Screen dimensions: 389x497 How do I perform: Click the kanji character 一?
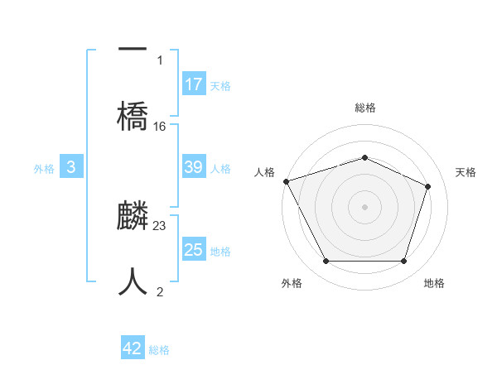(x=133, y=48)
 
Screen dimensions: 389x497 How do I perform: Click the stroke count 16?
(x=160, y=127)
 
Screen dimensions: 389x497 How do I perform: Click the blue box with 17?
(x=194, y=84)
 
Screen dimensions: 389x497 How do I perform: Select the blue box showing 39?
(x=194, y=167)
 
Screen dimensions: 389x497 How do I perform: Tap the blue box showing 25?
(x=194, y=250)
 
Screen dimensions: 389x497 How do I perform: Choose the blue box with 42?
(x=133, y=348)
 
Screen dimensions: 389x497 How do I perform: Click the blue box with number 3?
(x=71, y=167)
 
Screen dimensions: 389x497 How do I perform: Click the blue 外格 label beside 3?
(x=44, y=169)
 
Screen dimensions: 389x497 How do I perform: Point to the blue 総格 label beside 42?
(x=159, y=350)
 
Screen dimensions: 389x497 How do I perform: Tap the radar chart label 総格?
(x=365, y=108)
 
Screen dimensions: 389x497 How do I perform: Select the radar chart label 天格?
(x=466, y=172)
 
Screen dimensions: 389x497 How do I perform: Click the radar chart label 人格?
(x=264, y=172)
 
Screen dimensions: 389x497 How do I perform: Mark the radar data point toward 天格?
(x=428, y=186)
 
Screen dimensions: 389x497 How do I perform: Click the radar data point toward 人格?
(x=286, y=181)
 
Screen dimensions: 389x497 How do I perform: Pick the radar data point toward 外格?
(x=326, y=262)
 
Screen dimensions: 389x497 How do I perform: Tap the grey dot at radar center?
(x=365, y=207)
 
